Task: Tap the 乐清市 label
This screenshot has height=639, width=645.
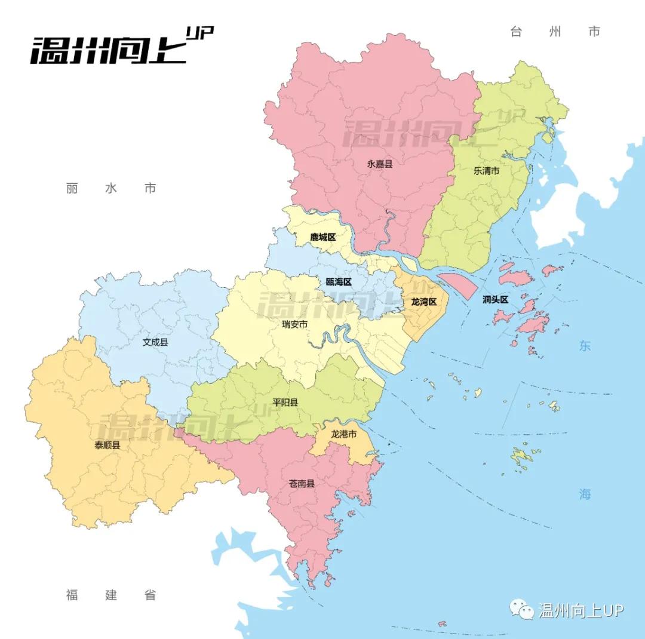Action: coord(486,170)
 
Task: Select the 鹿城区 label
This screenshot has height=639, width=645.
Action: coord(322,237)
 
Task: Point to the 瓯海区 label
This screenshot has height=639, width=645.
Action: coord(339,282)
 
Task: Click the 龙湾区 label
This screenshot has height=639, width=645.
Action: coord(425,302)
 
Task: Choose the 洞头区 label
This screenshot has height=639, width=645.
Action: coord(495,299)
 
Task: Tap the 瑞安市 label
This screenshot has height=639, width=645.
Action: coord(295,325)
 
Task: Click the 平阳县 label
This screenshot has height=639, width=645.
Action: coord(285,402)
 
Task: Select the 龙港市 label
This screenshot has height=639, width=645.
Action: coord(343,434)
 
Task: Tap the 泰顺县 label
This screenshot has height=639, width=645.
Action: coord(107,445)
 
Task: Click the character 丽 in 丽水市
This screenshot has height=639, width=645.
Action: coord(72,189)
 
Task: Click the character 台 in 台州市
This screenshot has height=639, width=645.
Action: coord(516,32)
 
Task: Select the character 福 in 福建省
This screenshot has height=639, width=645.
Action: coord(72,595)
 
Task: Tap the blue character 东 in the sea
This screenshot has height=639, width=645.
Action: coord(584,346)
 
